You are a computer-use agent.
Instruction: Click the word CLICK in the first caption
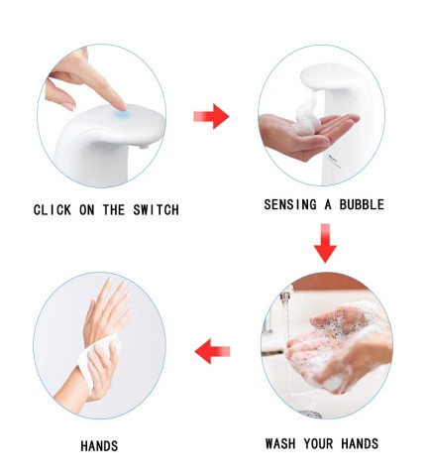(x=53, y=210)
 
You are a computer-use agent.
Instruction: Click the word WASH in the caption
(x=282, y=443)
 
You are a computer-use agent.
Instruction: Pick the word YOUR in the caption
(x=321, y=443)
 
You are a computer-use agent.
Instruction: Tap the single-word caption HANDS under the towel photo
(x=99, y=446)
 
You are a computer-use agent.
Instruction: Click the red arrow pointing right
(x=210, y=117)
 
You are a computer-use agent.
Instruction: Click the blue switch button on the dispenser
(x=121, y=116)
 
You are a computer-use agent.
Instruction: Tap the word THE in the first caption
(x=117, y=210)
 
